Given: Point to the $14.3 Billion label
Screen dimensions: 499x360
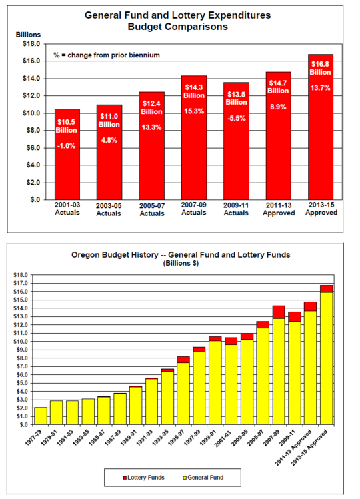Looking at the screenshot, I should pyautogui.click(x=194, y=91).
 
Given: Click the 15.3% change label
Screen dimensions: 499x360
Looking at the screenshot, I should pyautogui.click(x=194, y=111).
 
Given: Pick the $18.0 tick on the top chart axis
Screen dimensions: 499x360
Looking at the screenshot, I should pyautogui.click(x=30, y=44).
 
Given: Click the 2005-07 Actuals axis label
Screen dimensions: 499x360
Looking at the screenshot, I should pyautogui.click(x=151, y=209).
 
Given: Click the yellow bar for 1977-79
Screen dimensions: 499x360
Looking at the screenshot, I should pyautogui.click(x=41, y=416).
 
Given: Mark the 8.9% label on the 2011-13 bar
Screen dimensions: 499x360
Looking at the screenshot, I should pyautogui.click(x=279, y=106).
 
